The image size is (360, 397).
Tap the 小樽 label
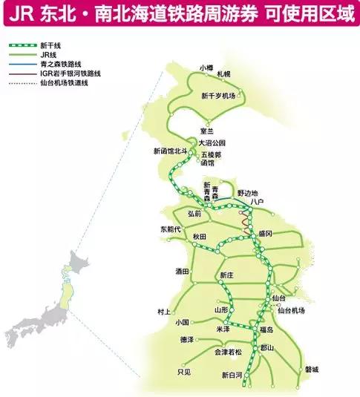click(x=206, y=68)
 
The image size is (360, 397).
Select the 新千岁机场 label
click(x=218, y=96)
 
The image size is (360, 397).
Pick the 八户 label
click(x=258, y=201)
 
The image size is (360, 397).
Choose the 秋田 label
click(x=199, y=236)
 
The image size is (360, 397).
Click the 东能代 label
click(x=169, y=229)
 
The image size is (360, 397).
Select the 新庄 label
click(x=227, y=275)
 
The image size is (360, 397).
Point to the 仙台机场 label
click(x=292, y=310)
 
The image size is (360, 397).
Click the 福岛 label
click(x=266, y=329)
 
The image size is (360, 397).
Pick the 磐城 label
click(x=311, y=369)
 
